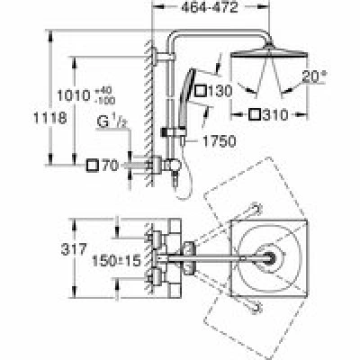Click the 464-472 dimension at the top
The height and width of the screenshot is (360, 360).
pos(210,7)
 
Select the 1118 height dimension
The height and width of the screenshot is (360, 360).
pos(49,118)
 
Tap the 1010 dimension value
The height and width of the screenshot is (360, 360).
pos(74,96)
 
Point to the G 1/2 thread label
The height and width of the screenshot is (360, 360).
pos(111,121)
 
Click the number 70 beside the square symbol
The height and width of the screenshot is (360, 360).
pos(111,166)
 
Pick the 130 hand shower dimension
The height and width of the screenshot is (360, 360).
pos(220,91)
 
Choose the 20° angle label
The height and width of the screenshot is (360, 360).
pos(314,76)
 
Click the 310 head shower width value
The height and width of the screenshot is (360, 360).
pos(275,114)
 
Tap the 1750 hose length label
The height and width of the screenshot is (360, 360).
pos(220,141)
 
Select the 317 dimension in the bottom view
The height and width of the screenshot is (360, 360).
pos(74,249)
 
